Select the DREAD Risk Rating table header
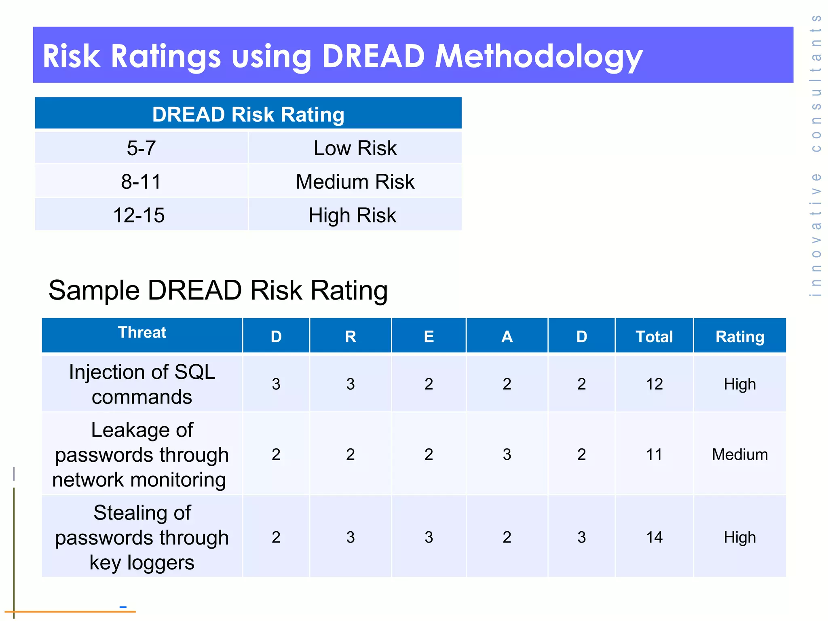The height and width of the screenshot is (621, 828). [x=248, y=114]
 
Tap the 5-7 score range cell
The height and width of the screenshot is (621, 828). [x=141, y=148]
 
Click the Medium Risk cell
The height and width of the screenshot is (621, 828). [x=355, y=182]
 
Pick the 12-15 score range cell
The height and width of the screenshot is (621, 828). [x=139, y=215]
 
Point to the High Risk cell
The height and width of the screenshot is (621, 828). [x=352, y=215]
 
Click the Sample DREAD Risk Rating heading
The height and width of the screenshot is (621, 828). [x=218, y=290]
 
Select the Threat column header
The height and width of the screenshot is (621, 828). [x=142, y=332]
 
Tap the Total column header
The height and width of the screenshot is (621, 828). [x=654, y=336]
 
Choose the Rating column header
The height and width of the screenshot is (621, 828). [x=739, y=336]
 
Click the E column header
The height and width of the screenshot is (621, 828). [x=429, y=336]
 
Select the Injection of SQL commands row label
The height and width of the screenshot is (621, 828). [x=142, y=384]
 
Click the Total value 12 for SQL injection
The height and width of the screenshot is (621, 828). [x=654, y=384]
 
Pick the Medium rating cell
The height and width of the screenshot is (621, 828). [x=739, y=454]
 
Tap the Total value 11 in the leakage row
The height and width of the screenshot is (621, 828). [x=654, y=454]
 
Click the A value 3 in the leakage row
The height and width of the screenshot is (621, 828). [x=507, y=454]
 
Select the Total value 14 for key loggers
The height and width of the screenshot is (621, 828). [x=654, y=537]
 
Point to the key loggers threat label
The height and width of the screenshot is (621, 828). [x=142, y=537]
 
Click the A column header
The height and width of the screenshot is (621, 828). [x=507, y=336]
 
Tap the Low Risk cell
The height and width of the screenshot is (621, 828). [x=355, y=148]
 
